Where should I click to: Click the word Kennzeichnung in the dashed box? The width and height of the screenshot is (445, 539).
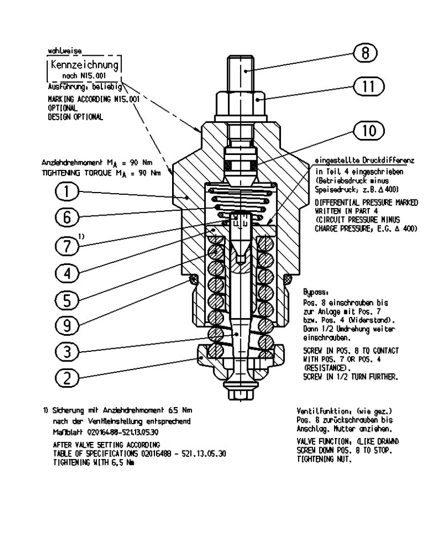point(84,67)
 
